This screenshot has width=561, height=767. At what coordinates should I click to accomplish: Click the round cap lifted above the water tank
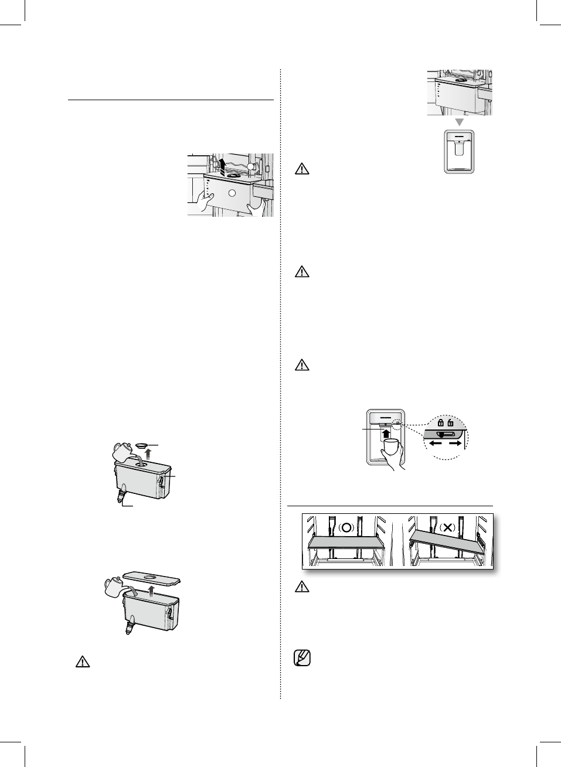pos(141,445)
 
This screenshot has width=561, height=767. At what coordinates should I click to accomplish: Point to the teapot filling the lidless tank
pos(114,586)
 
